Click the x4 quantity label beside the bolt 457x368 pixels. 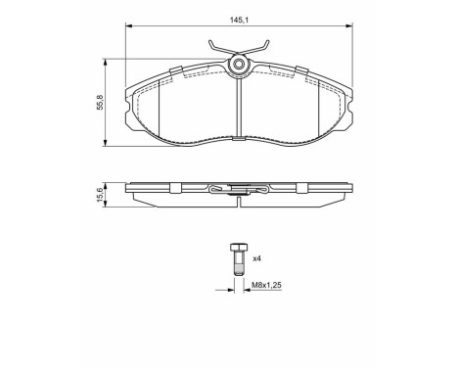256,258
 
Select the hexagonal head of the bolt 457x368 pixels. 237,248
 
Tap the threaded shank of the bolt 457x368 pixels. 237,265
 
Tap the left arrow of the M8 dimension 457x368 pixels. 228,289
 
